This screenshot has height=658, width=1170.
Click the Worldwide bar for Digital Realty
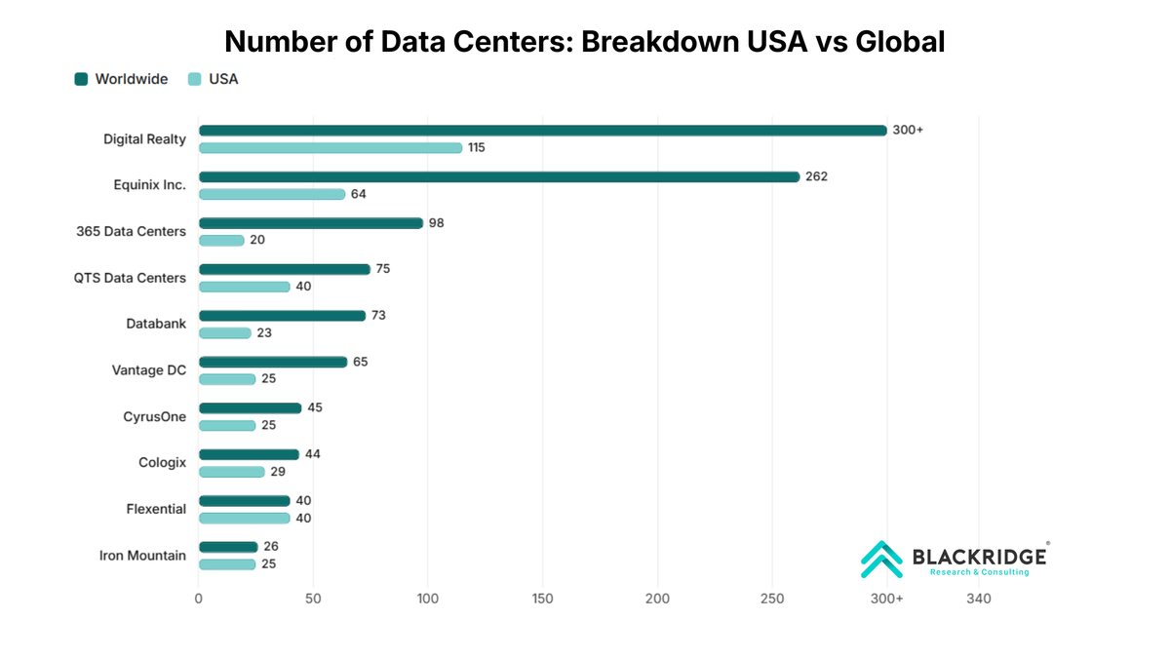click(x=542, y=131)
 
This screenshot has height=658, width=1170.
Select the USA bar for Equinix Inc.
click(x=272, y=194)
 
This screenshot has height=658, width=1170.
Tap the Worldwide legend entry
click(x=121, y=79)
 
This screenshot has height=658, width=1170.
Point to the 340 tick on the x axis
click(x=978, y=599)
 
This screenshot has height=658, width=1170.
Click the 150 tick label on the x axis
click(x=543, y=599)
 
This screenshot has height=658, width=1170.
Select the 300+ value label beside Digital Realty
click(x=908, y=131)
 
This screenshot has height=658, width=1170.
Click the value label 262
click(x=816, y=176)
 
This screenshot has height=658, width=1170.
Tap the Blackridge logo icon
click(x=881, y=560)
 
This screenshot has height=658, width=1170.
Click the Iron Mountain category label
click(x=142, y=556)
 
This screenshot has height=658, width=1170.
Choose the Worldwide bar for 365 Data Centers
click(x=311, y=223)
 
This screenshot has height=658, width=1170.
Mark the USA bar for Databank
click(x=225, y=333)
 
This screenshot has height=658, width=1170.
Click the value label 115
click(x=476, y=148)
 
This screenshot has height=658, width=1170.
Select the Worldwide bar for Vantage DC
click(x=273, y=362)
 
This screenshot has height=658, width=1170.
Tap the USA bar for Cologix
click(x=232, y=472)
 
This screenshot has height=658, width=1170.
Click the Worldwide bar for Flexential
click(x=245, y=501)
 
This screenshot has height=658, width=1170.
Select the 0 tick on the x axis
click(x=199, y=599)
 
